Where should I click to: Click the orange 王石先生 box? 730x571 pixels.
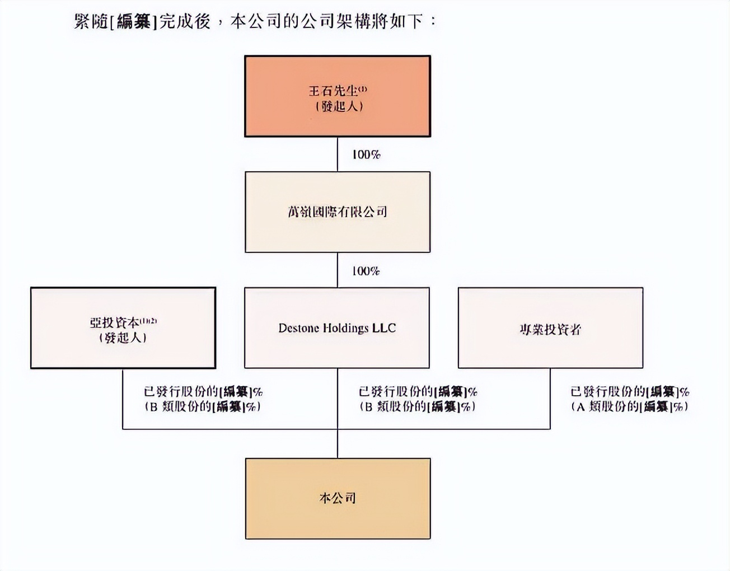338,96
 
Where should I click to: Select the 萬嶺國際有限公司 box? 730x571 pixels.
338,212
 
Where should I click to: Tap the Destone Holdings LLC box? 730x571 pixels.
337,328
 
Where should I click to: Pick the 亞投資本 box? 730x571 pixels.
123,328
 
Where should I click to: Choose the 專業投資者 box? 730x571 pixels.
550,328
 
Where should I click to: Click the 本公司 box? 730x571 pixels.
338,498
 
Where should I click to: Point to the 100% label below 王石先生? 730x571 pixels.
366,155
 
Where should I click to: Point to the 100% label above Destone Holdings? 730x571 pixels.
366,271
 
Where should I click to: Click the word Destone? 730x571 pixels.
299,328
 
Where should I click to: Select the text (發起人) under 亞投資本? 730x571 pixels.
123,338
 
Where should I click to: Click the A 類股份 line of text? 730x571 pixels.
630,407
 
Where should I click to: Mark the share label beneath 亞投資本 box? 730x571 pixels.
203,399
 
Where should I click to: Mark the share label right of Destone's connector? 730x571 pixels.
418,399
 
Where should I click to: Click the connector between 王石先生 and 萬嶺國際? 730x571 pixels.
338,154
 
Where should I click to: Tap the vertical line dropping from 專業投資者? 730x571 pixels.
550,399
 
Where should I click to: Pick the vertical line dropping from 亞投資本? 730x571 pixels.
123,399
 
